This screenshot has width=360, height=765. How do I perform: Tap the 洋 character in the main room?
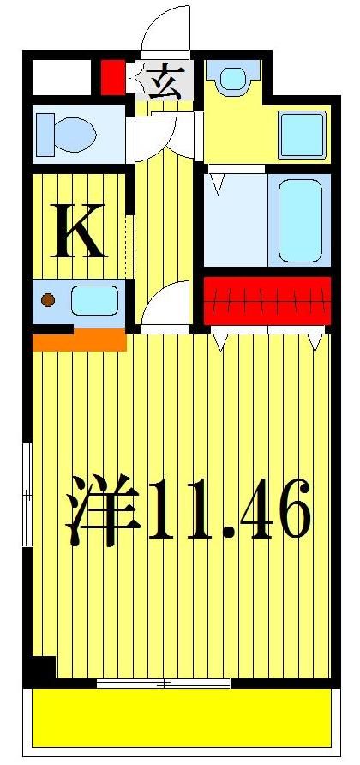[104, 513]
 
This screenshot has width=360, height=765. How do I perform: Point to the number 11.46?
[229, 513]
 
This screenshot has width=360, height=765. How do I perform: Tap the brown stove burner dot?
[49, 300]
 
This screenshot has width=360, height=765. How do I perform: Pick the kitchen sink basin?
[94, 301]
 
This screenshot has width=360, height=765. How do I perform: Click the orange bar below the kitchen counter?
[79, 341]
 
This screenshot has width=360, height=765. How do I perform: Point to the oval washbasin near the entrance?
[232, 79]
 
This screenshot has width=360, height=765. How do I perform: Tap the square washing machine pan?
[303, 134]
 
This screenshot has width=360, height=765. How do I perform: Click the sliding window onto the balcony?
[163, 683]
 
